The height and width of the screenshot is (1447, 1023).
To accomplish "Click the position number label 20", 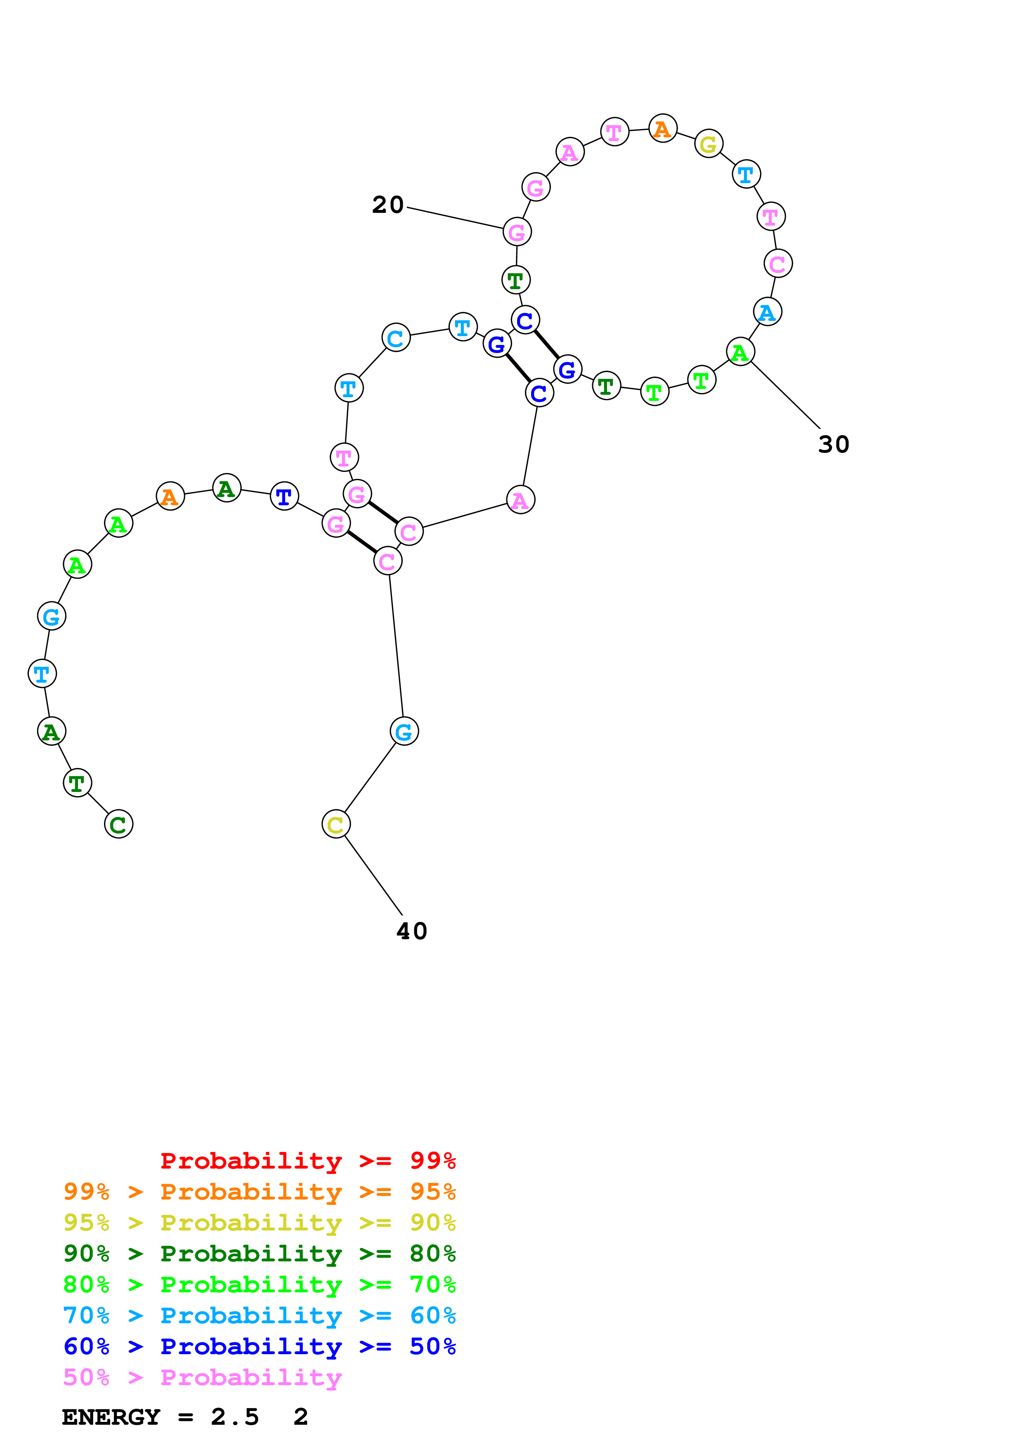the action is (x=387, y=205).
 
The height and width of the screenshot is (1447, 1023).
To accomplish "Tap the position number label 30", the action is (x=833, y=444).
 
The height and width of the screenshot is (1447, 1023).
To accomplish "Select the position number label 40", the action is (x=411, y=931).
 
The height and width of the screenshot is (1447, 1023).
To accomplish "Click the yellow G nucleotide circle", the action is (x=709, y=144).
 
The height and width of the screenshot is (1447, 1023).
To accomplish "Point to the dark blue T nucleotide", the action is (x=284, y=497).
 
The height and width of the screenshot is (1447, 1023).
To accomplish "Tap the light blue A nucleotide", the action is (x=767, y=312).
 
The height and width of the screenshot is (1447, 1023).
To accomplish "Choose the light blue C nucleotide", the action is (x=396, y=338).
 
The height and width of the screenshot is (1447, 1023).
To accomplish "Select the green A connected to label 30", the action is (x=740, y=352).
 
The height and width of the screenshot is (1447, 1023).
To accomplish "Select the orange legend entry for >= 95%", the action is (x=259, y=1192).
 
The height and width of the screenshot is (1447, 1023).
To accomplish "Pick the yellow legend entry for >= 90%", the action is (x=259, y=1223).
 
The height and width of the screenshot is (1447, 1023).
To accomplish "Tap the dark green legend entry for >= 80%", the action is (x=259, y=1254).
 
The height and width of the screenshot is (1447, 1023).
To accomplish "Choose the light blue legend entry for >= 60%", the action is (x=259, y=1315).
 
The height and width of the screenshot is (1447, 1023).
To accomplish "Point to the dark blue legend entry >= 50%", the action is (x=259, y=1346).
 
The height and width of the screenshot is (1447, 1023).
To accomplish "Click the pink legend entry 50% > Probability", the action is (x=202, y=1377).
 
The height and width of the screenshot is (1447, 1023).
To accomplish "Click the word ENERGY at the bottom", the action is (x=111, y=1417).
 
